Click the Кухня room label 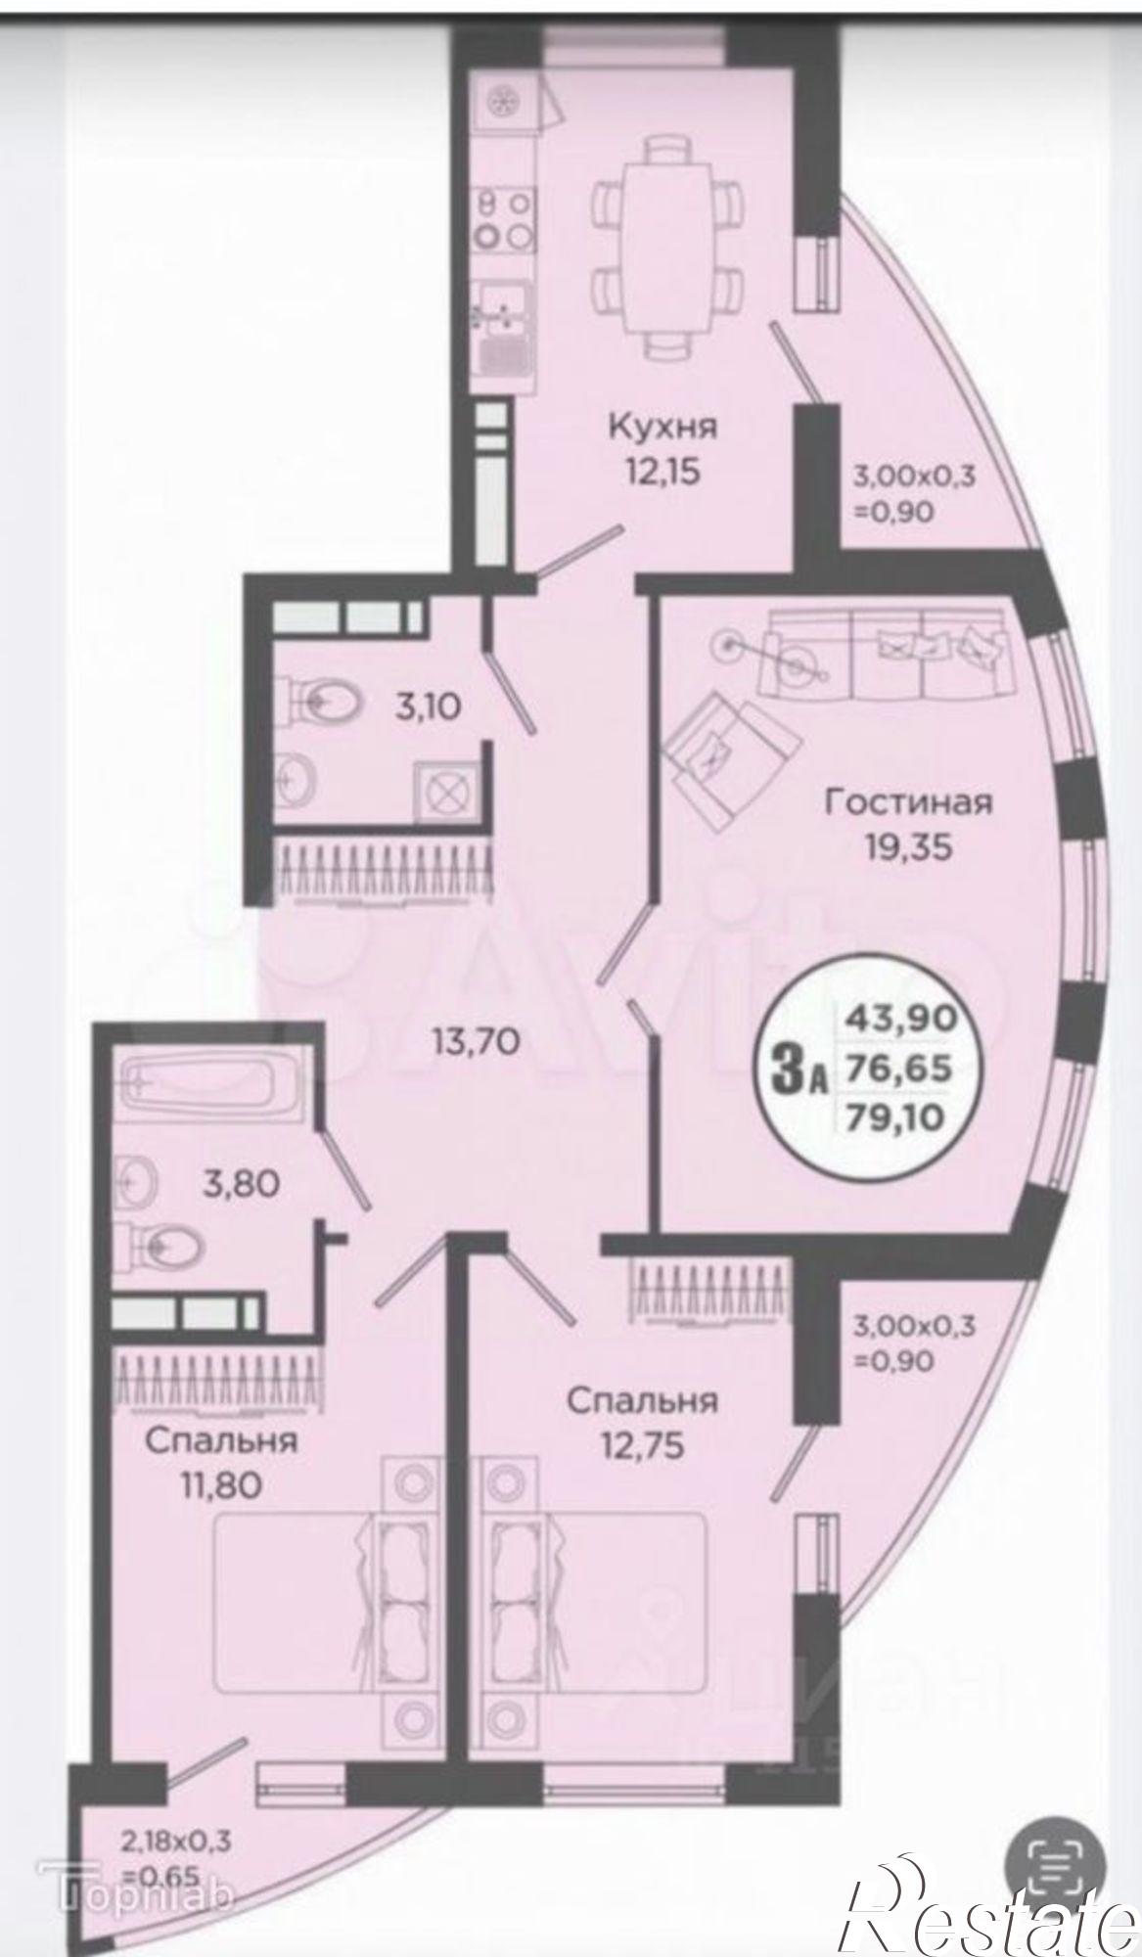(x=663, y=427)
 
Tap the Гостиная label (x=908, y=802)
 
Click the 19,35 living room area (x=908, y=846)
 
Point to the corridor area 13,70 (x=476, y=1042)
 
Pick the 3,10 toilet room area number (x=427, y=705)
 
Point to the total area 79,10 (x=905, y=1115)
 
